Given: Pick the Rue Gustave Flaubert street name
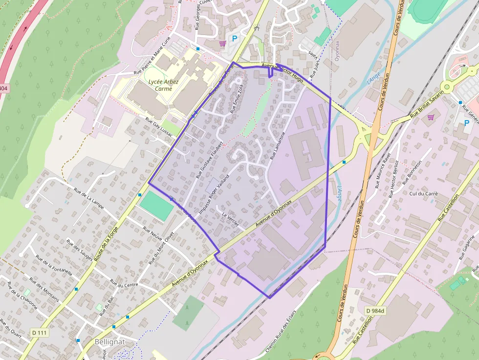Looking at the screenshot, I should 209,159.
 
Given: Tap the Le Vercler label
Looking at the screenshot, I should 230,219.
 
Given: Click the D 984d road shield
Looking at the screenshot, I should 375,310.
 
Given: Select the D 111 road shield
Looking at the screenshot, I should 40,333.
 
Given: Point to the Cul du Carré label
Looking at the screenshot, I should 424,193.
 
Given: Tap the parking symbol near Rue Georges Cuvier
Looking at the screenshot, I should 235,39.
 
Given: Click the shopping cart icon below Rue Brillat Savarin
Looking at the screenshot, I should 431,117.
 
